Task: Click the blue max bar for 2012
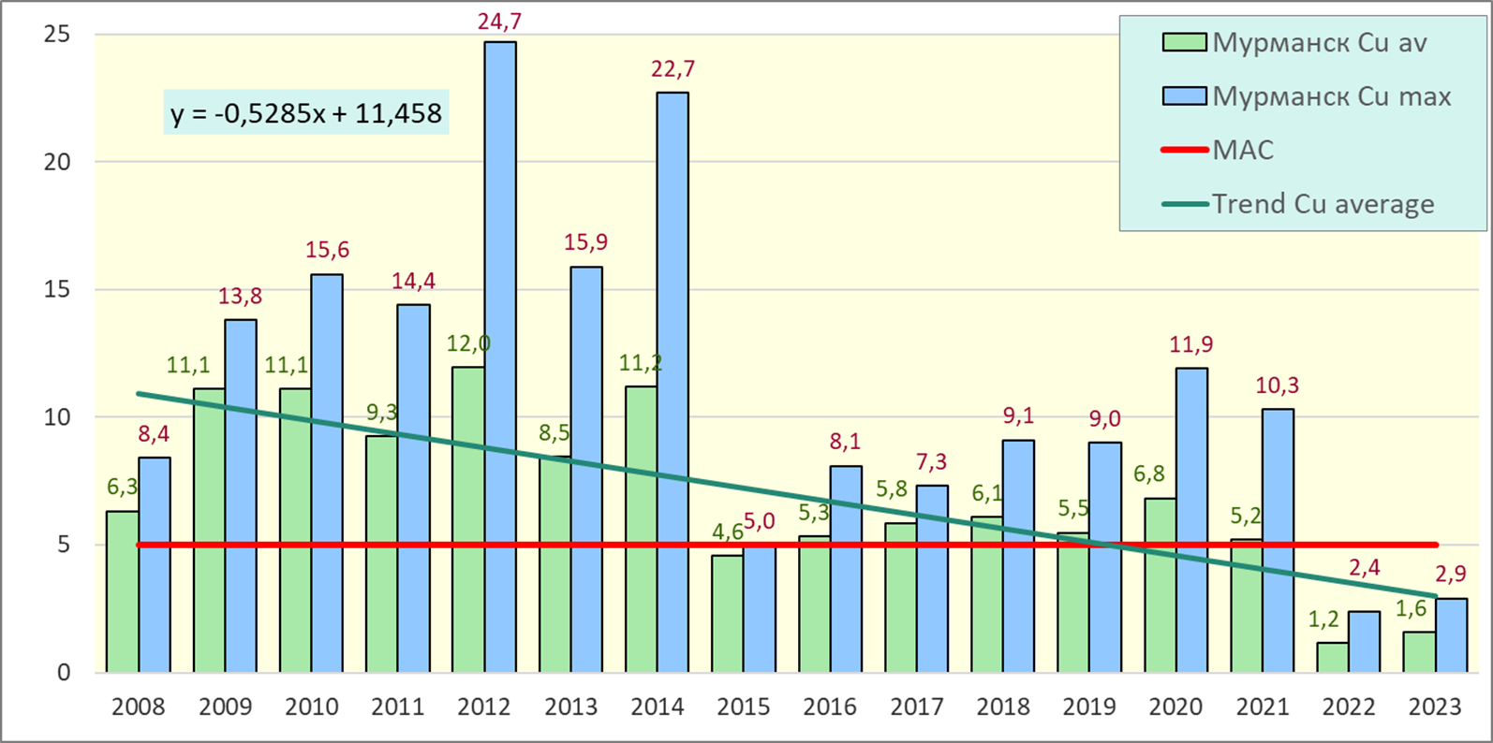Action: coord(500,356)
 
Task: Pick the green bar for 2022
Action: coord(1332,657)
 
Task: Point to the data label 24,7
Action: coord(499,20)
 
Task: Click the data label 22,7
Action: coord(673,69)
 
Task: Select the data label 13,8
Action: coord(240,297)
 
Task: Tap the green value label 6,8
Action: coord(1149,474)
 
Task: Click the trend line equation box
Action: coord(306,114)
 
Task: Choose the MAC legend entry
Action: coord(1242,151)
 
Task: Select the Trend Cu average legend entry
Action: coord(1322,204)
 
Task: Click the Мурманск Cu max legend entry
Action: coord(1330,96)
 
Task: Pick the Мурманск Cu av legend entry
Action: coord(1319,43)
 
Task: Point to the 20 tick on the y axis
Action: coord(57,162)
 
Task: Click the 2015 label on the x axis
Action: coord(744,707)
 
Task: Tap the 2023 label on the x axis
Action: coord(1435,707)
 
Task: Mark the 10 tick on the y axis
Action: coord(57,417)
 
